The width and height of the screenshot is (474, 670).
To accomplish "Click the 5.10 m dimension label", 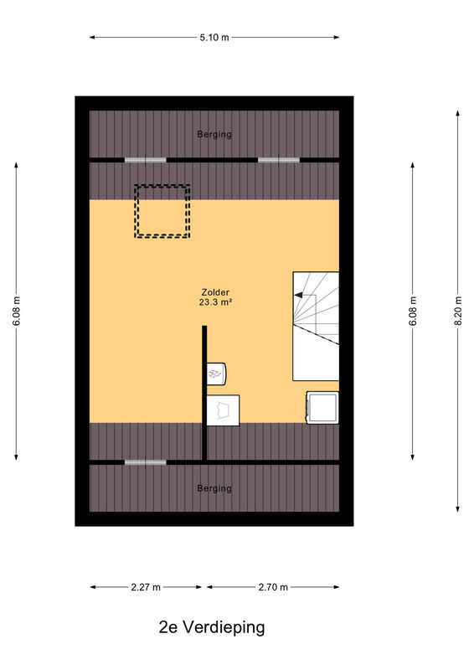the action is coord(214,37).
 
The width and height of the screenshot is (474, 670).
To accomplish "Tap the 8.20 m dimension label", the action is coord(458,311).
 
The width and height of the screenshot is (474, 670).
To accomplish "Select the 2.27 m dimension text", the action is coord(146,587).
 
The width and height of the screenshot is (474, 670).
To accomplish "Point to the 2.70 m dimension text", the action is coord(273,587).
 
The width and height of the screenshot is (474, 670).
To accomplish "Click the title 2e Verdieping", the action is coord(212,627).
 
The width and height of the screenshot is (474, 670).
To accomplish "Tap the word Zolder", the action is coord(215,292).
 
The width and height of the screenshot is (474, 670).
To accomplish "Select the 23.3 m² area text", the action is coord(215,302).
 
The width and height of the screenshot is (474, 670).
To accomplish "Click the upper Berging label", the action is coord(214,134).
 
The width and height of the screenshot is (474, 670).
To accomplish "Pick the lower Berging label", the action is coord(214,488).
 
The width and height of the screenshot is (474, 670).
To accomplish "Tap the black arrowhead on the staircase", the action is coord(298,295).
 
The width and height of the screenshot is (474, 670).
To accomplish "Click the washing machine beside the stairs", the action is coord(322,408).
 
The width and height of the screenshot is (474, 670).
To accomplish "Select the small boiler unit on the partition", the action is coord(216,374).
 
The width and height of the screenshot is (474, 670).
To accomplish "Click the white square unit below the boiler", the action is coord(223,410).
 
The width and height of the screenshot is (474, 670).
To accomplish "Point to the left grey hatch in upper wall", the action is coord(146,160).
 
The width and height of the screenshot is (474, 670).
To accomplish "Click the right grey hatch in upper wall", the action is coord(279,160).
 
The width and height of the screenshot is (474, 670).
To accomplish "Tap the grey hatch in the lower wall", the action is coord(146,462).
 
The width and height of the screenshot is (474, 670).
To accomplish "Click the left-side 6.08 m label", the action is coord(17,311).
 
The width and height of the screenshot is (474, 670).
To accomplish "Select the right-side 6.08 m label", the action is coord(413,311).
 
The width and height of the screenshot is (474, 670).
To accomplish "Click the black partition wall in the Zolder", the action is coord(204,393).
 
